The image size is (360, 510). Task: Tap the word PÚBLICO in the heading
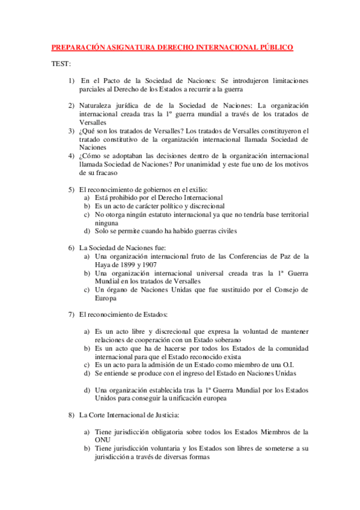tap(273, 47)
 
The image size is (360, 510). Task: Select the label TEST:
tap(61, 64)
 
